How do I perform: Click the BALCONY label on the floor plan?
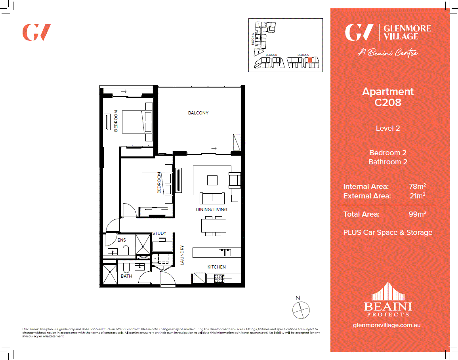(198, 113)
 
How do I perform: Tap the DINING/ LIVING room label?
(212, 209)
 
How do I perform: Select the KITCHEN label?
(217, 267)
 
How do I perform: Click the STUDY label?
(159, 233)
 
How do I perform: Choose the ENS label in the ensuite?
(122, 240)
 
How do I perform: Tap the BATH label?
(126, 276)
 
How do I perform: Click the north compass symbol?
(301, 310)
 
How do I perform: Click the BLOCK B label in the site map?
(271, 55)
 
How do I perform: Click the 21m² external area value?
(417, 196)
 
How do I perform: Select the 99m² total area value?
(417, 214)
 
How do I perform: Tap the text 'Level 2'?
(388, 128)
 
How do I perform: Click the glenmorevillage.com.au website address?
(386, 325)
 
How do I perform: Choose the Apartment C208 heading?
(388, 97)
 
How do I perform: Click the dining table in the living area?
(214, 225)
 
